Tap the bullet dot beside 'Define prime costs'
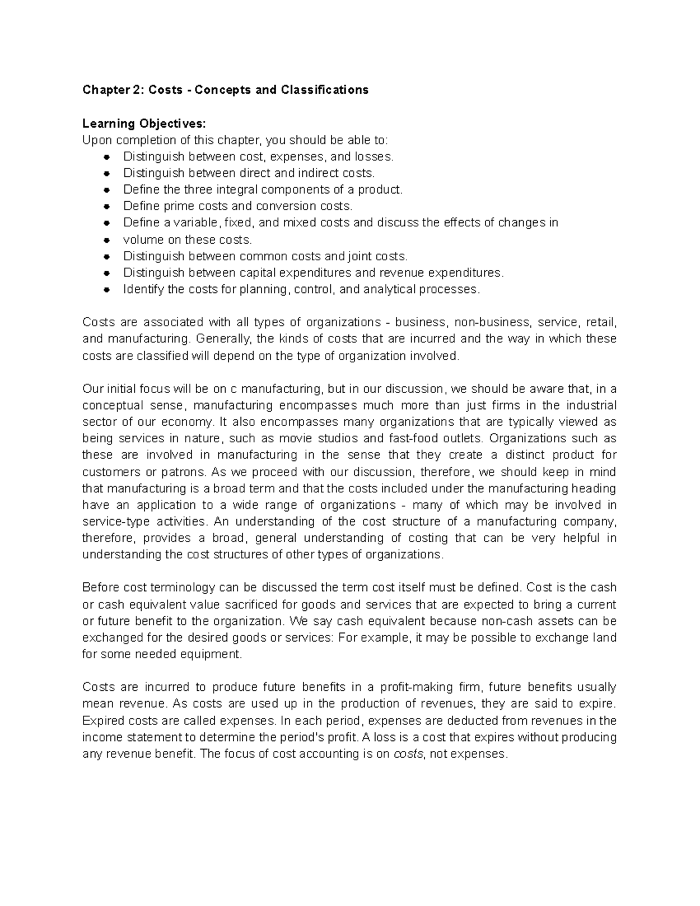point(106,207)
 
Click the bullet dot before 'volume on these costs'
point(106,240)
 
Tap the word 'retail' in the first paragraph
point(601,323)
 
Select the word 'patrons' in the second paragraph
point(187,471)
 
